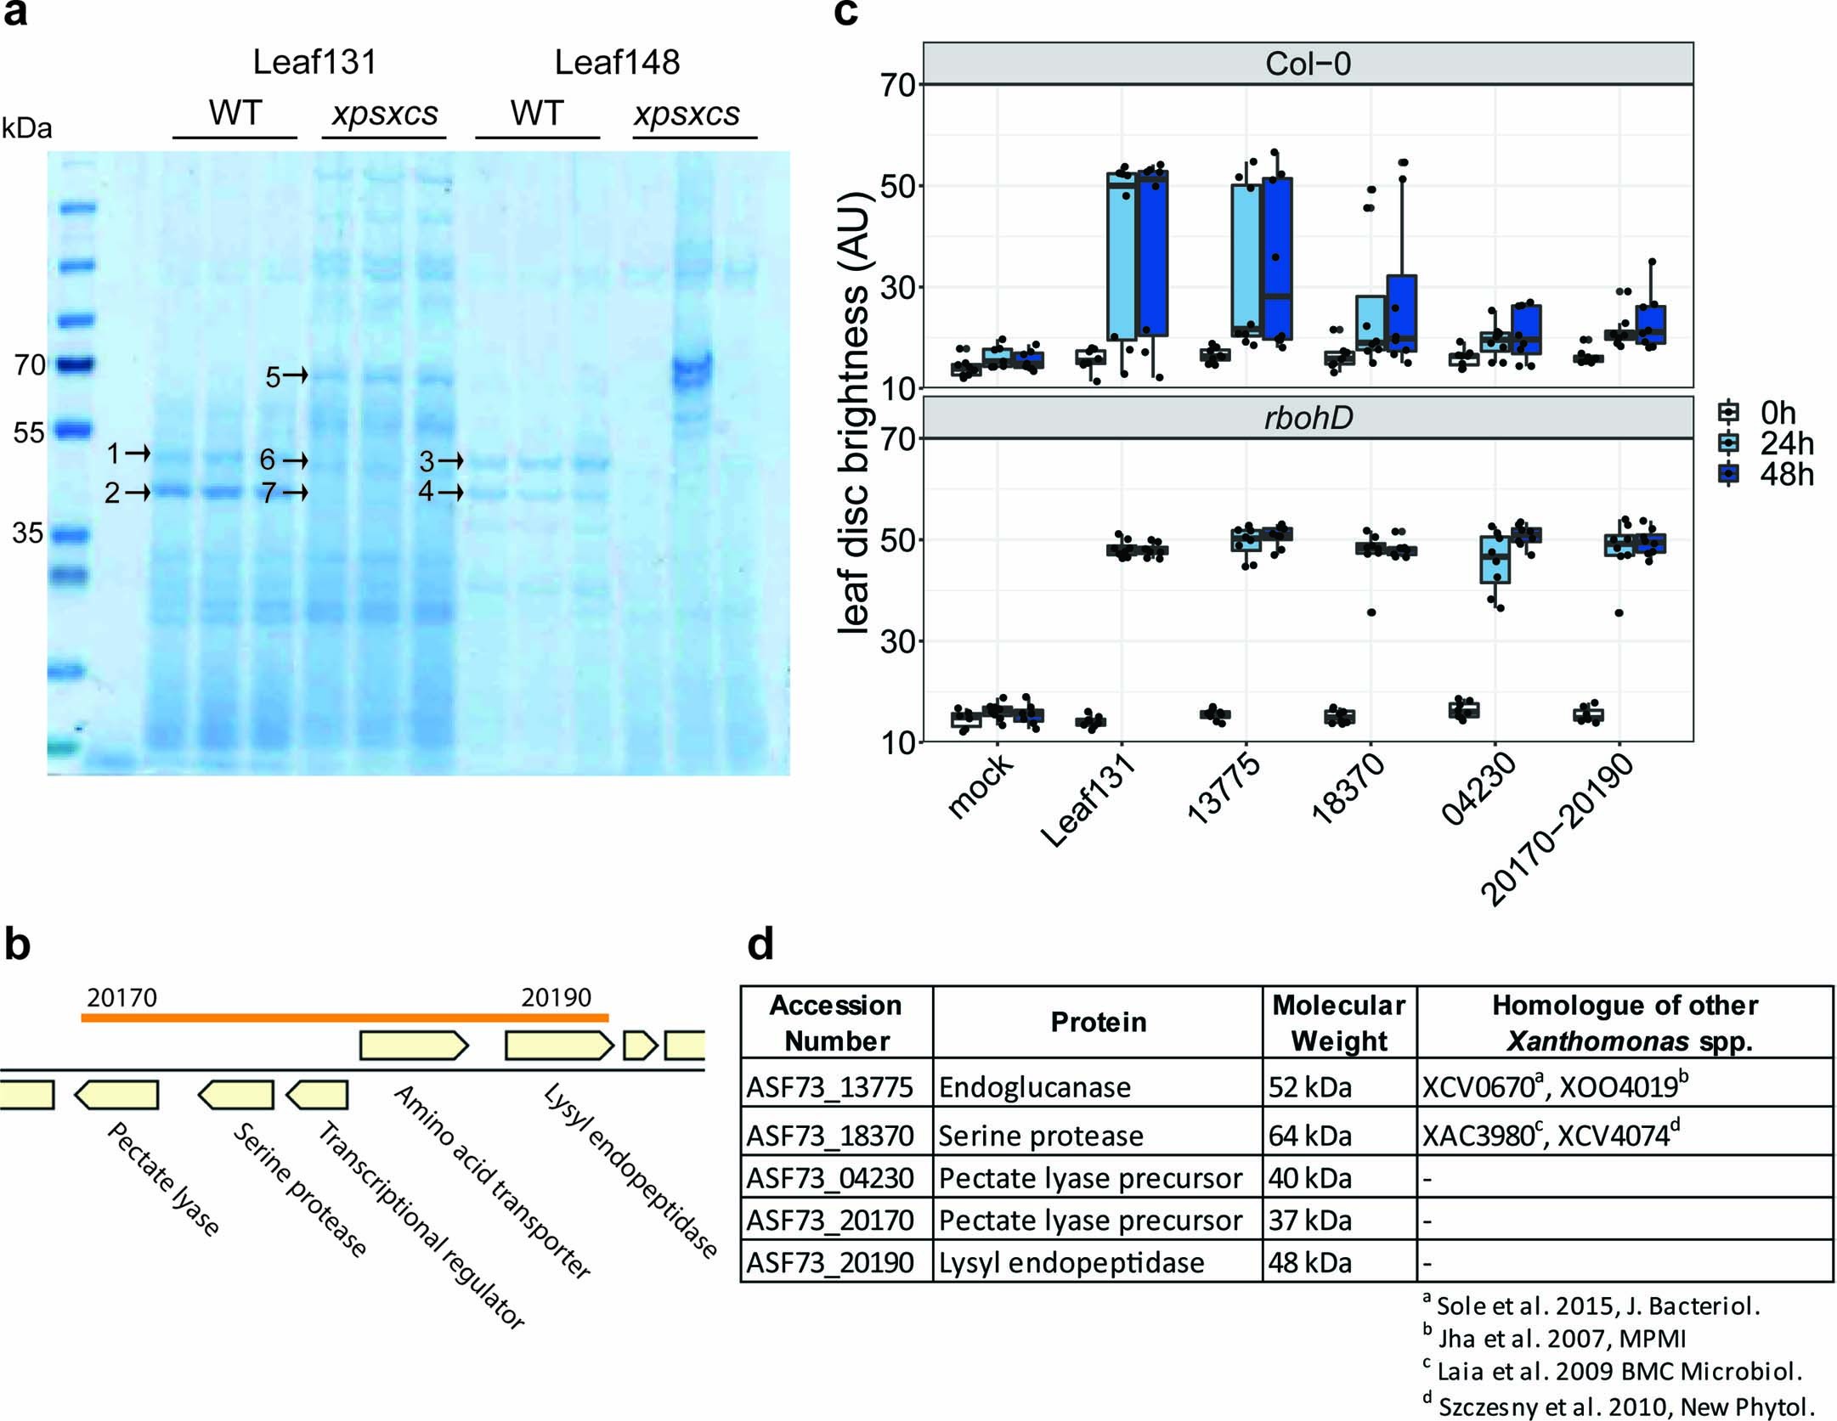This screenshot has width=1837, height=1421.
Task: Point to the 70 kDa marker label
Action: tap(29, 365)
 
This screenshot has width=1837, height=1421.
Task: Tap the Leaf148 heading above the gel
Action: tap(617, 63)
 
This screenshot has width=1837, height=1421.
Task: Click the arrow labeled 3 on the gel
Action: tap(450, 461)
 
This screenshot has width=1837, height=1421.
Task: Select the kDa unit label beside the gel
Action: tap(26, 128)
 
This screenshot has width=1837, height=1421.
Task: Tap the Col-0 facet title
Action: tap(1307, 64)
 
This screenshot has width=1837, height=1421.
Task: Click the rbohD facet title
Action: tap(1307, 418)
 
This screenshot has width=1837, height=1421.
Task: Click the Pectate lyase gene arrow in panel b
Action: tap(117, 1095)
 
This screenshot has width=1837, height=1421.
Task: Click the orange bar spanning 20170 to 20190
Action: tap(344, 1017)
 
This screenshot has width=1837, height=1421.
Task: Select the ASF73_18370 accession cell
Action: tap(829, 1136)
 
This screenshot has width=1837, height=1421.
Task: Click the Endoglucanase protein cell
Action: tap(1034, 1087)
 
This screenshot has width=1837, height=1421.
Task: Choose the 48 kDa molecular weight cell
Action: tap(1309, 1263)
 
